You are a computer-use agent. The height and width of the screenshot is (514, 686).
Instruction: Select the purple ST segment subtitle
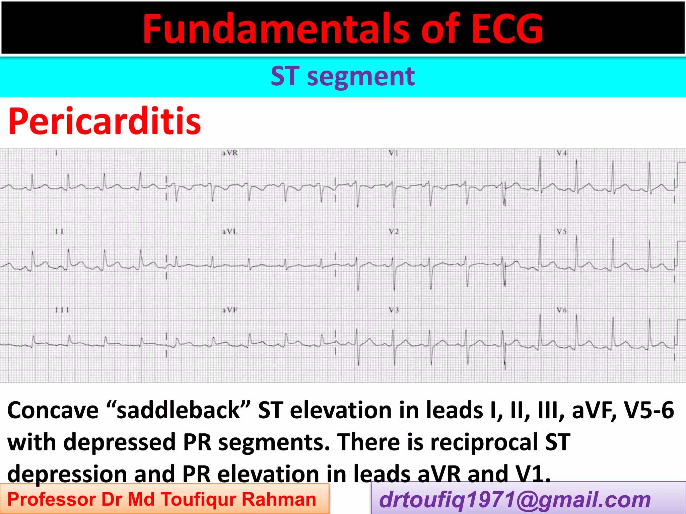(343, 77)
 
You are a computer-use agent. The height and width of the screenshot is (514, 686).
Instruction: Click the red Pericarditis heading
(105, 121)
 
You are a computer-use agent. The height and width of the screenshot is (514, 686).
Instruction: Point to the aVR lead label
(230, 153)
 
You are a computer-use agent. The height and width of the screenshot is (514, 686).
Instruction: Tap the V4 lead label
(562, 153)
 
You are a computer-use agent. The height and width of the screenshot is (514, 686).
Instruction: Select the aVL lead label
(230, 231)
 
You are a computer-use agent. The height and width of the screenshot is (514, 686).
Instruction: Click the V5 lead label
(562, 231)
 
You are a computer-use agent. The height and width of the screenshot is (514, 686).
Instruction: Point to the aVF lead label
(230, 310)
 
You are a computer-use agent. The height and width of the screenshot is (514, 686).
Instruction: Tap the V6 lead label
(562, 310)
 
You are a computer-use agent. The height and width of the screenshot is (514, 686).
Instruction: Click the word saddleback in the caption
(178, 410)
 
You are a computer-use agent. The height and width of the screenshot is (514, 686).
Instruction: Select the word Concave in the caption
(53, 410)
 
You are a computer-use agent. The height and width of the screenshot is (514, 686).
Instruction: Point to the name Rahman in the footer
(279, 500)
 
